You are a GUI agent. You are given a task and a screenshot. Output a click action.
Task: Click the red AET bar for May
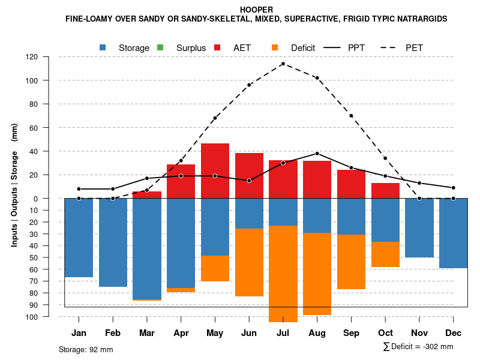(x=215, y=171)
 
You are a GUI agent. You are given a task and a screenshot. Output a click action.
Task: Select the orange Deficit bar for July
(x=283, y=274)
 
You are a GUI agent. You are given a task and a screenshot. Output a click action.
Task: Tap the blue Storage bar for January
(x=79, y=238)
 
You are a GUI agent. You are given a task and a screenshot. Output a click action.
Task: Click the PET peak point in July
(x=283, y=64)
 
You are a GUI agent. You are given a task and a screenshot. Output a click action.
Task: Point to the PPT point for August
(x=317, y=153)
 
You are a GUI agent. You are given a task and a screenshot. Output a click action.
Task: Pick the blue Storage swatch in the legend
(x=103, y=47)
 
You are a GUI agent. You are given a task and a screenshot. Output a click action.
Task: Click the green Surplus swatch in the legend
(x=160, y=47)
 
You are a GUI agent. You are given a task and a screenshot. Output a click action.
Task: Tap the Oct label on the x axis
(x=385, y=333)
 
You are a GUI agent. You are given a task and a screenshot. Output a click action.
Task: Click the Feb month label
(x=113, y=333)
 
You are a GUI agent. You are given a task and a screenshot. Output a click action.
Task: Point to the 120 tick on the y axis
(x=32, y=57)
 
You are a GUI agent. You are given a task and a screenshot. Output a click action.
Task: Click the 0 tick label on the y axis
(x=36, y=199)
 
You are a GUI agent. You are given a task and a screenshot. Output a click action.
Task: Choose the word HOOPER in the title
(x=256, y=10)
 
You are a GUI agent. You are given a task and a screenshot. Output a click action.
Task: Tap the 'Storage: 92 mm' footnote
(x=86, y=349)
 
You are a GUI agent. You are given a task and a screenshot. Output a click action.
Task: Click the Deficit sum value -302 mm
(x=438, y=347)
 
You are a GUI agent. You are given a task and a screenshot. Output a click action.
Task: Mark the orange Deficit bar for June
(x=249, y=263)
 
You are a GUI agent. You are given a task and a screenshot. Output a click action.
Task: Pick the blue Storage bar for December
(x=454, y=233)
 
